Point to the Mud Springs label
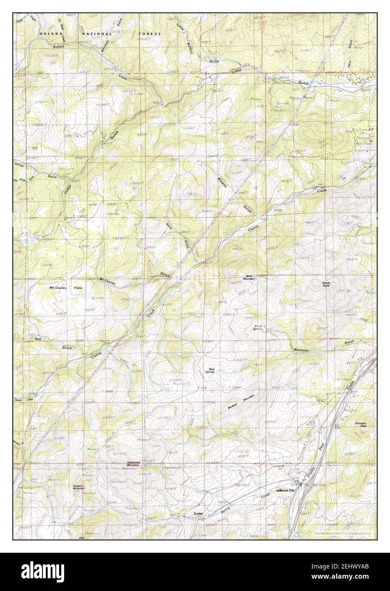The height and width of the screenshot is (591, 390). (211, 370)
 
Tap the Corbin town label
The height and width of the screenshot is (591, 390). (199, 514)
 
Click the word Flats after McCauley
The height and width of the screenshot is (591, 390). (78, 288)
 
